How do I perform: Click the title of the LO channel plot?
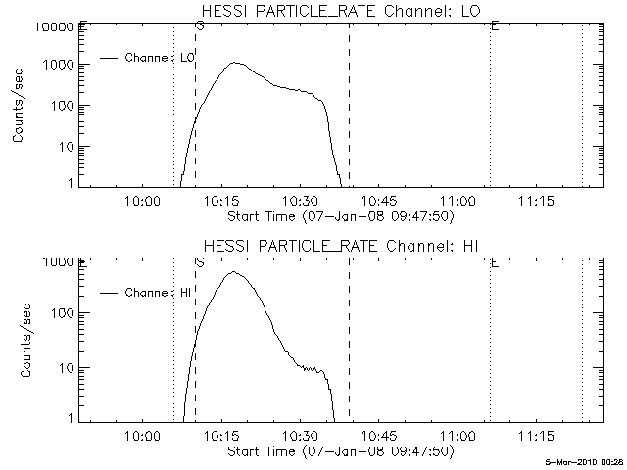click(343, 11)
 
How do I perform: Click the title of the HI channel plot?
click(343, 244)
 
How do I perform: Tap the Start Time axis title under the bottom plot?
click(339, 451)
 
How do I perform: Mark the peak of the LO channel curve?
click(235, 63)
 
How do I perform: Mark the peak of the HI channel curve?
click(234, 272)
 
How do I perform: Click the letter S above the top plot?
click(200, 26)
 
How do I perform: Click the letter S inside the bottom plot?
click(200, 262)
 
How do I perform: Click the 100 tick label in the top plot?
click(60, 106)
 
